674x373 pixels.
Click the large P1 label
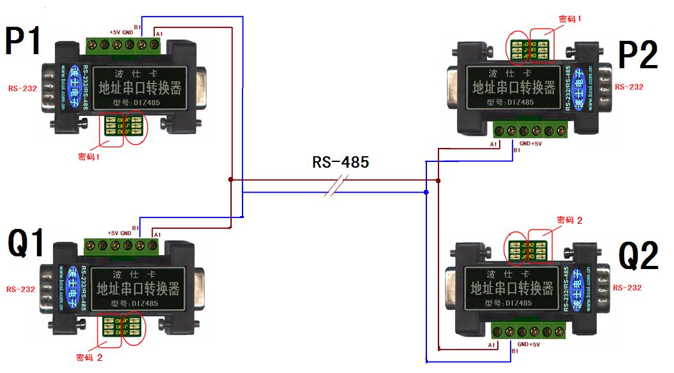click(x=24, y=42)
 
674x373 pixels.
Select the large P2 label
click(x=638, y=56)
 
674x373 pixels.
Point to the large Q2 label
click(x=638, y=256)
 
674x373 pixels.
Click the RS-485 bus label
click(x=340, y=162)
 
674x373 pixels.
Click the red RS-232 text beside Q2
click(x=627, y=288)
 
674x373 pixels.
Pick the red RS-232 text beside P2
click(x=629, y=87)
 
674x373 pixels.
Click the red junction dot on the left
click(x=230, y=180)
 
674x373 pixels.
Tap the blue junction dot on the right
click(x=426, y=191)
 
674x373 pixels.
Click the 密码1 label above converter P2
click(x=570, y=19)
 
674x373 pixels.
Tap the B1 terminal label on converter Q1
click(x=135, y=227)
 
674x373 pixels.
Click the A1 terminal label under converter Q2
click(x=492, y=344)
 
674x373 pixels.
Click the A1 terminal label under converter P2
click(x=493, y=145)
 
